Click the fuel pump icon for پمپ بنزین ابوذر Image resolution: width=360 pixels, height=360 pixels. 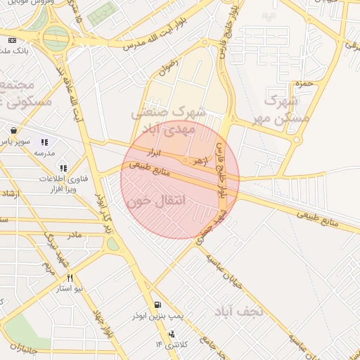click(155, 306)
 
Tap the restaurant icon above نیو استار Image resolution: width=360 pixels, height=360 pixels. click(70, 278)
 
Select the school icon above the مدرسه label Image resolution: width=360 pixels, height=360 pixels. click(46, 141)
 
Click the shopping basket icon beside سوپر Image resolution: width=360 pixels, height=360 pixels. click(14, 130)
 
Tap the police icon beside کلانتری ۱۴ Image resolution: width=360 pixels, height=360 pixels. click(172, 334)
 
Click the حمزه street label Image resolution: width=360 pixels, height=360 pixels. click(302, 84)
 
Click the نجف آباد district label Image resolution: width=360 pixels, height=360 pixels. click(238, 310)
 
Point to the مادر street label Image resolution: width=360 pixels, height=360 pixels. click(74, 233)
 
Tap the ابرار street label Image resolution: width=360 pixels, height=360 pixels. click(153, 151)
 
